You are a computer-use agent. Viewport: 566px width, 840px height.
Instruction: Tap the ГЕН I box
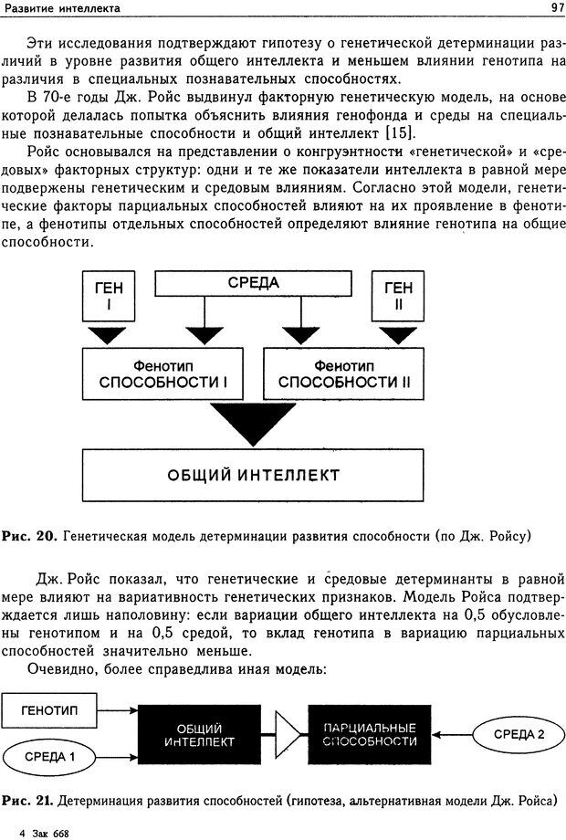point(109,296)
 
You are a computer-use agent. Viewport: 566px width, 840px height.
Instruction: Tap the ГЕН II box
point(397,296)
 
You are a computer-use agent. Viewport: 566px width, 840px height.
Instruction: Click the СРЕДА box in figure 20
point(253,284)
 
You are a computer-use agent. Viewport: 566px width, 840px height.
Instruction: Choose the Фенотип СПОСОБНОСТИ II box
point(344,373)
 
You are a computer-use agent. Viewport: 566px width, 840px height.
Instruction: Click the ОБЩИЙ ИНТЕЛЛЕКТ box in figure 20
point(253,476)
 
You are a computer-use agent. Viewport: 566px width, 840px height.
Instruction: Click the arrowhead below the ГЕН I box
point(109,335)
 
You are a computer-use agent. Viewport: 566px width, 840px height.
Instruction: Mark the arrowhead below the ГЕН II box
point(397,335)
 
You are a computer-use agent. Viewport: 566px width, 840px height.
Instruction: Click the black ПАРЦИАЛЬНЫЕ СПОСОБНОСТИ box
point(370,734)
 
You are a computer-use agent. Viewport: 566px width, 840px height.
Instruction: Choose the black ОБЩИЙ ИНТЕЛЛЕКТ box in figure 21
point(194,734)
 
